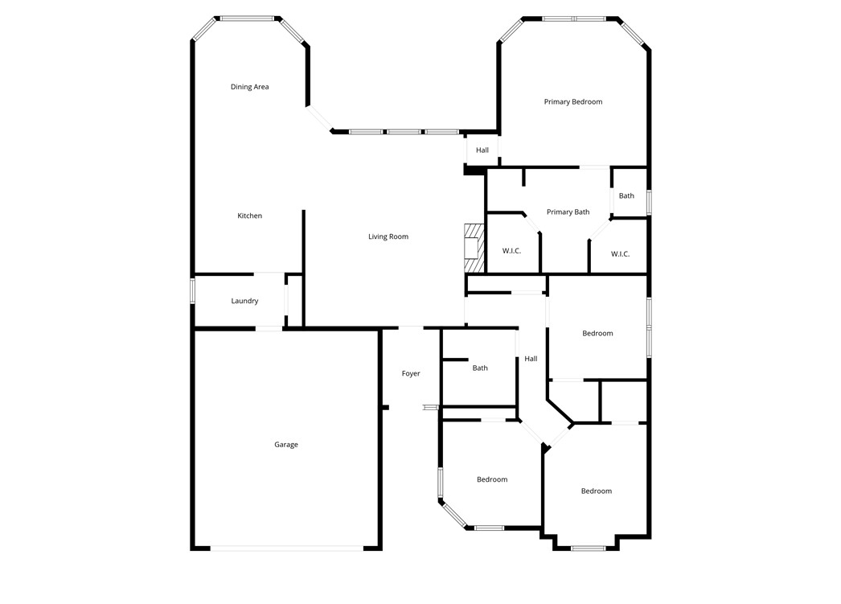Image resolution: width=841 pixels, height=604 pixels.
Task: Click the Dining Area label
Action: click(x=249, y=87)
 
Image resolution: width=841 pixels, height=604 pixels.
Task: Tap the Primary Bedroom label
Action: click(x=572, y=102)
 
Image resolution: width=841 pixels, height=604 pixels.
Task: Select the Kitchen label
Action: click(x=249, y=216)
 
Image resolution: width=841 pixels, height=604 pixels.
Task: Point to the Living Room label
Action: click(x=388, y=236)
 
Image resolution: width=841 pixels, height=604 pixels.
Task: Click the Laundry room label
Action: click(x=244, y=301)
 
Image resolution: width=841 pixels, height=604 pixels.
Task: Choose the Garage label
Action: click(x=286, y=445)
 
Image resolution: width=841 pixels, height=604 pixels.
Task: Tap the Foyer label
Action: click(x=411, y=373)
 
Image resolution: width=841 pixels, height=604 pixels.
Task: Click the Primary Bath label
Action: click(x=568, y=212)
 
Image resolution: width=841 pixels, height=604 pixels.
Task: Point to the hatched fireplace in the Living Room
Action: click(x=474, y=249)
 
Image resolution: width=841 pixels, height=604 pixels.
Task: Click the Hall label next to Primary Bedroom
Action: click(x=482, y=150)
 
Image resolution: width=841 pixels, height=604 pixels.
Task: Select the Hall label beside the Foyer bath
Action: click(x=531, y=359)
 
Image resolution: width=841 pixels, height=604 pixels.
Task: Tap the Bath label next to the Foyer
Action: click(x=480, y=368)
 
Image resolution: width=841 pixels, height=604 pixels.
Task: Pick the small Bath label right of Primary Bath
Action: click(x=626, y=195)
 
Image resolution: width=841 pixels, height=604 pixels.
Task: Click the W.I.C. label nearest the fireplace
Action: click(x=511, y=251)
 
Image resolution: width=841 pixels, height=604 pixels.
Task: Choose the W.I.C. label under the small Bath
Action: click(x=620, y=254)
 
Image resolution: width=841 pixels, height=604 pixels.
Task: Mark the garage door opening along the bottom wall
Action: click(x=286, y=549)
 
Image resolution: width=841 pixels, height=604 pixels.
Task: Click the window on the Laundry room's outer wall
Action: click(x=192, y=291)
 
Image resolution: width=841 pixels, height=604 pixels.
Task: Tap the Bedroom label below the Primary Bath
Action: click(x=597, y=333)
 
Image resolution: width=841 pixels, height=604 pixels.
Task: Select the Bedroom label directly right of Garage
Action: click(x=492, y=479)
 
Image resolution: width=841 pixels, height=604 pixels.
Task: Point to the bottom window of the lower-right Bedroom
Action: click(x=588, y=549)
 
